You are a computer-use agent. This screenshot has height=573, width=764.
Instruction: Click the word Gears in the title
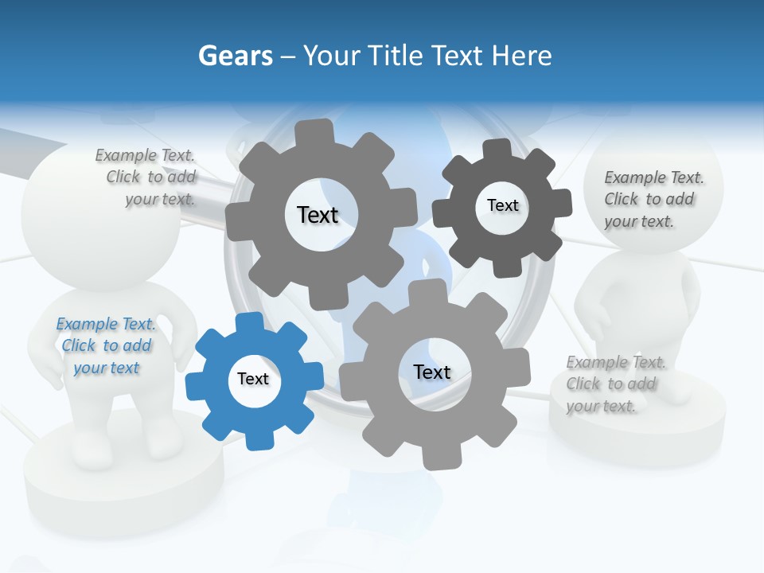[x=235, y=57]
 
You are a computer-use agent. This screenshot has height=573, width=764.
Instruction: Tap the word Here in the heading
[x=521, y=57]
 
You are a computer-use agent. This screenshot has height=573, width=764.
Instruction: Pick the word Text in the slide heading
[x=460, y=57]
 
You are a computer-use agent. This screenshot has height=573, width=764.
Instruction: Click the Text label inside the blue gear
[x=253, y=379]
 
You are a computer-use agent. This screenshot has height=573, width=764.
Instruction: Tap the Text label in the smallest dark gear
[x=502, y=205]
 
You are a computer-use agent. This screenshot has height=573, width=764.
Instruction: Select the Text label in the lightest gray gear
[x=432, y=372]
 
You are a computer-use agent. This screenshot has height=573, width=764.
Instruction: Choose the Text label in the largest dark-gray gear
[x=318, y=215]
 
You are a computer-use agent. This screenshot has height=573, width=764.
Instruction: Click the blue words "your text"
[x=106, y=368]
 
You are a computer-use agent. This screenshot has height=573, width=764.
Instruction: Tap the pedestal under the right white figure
[x=637, y=430]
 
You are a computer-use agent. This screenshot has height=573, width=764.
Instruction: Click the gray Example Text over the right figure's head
[x=653, y=177]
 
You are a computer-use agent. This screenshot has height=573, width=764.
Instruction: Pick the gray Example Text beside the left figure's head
[x=145, y=156]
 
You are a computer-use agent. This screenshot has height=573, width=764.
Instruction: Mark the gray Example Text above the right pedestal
[x=615, y=363]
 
